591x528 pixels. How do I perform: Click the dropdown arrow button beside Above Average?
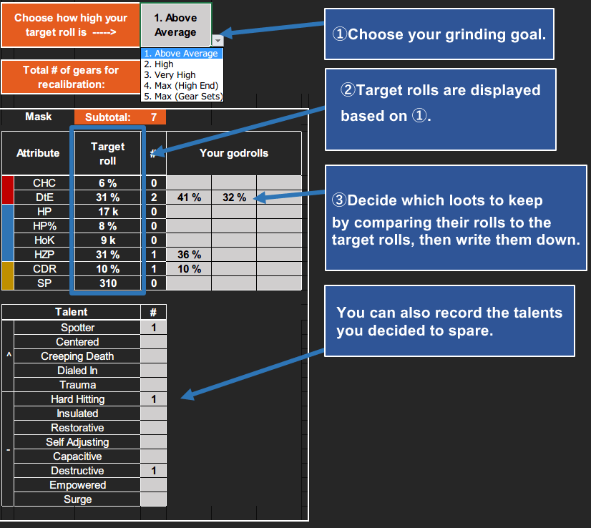coord(218,41)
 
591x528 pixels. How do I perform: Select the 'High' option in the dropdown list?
coord(164,64)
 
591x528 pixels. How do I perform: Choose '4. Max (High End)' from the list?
coord(180,85)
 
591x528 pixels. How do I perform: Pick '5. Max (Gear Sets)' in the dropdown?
coord(183,96)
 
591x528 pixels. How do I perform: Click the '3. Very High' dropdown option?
coord(170,74)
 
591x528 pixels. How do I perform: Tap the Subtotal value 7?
coord(153,117)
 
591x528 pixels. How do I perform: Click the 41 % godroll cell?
coord(190,197)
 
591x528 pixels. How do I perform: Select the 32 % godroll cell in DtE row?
coord(234,197)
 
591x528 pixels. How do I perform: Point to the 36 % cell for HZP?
coord(190,255)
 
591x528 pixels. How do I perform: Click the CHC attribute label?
coord(44,183)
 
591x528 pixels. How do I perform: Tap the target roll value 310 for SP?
coord(107,283)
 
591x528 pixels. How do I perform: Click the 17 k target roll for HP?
coord(107,212)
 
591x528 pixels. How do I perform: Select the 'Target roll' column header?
coord(107,153)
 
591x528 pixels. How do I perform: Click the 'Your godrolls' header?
coord(233,153)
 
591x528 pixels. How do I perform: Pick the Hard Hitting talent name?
coord(77,399)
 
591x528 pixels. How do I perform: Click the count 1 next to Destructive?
coord(153,471)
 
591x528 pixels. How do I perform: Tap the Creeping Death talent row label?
coord(77,356)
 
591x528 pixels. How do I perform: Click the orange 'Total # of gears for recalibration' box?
coord(70,77)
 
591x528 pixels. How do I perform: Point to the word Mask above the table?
coord(38,117)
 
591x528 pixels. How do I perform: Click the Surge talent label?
coord(77,499)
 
